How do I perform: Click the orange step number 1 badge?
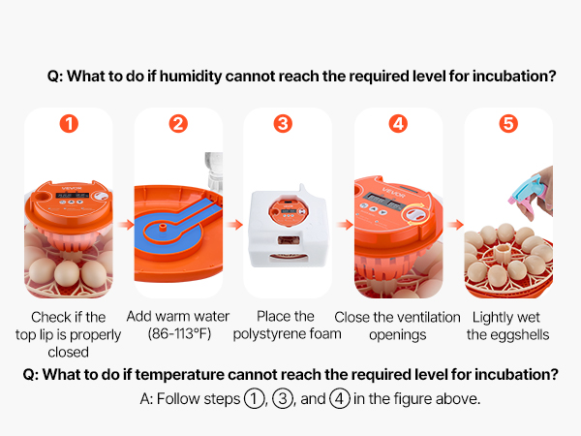pos(69,123)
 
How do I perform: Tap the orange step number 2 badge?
pos(178,123)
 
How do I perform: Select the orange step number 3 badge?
pos(283,123)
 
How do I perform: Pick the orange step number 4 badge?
pos(398,123)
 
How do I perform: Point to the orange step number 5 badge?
pos(508,123)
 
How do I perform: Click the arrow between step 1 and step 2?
pos(126,225)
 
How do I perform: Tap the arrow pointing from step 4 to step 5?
pos(455,225)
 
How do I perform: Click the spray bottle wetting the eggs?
pos(528,190)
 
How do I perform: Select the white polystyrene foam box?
pos(289,227)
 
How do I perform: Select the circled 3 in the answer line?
pos(283,399)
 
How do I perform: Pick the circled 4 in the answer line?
pos(340,399)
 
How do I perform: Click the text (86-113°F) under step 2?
pos(179,333)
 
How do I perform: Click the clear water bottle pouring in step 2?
pos(215,172)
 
